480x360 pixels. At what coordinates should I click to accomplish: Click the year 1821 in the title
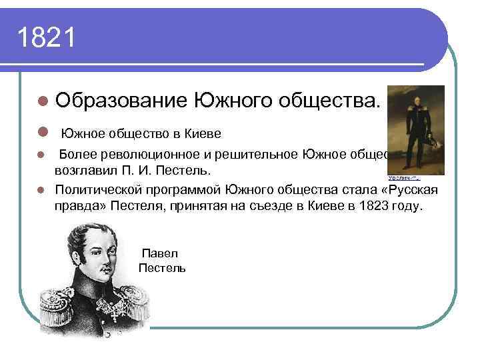47,38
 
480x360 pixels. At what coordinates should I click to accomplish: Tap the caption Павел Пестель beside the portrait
162,261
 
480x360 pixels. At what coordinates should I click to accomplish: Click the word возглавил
85,170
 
